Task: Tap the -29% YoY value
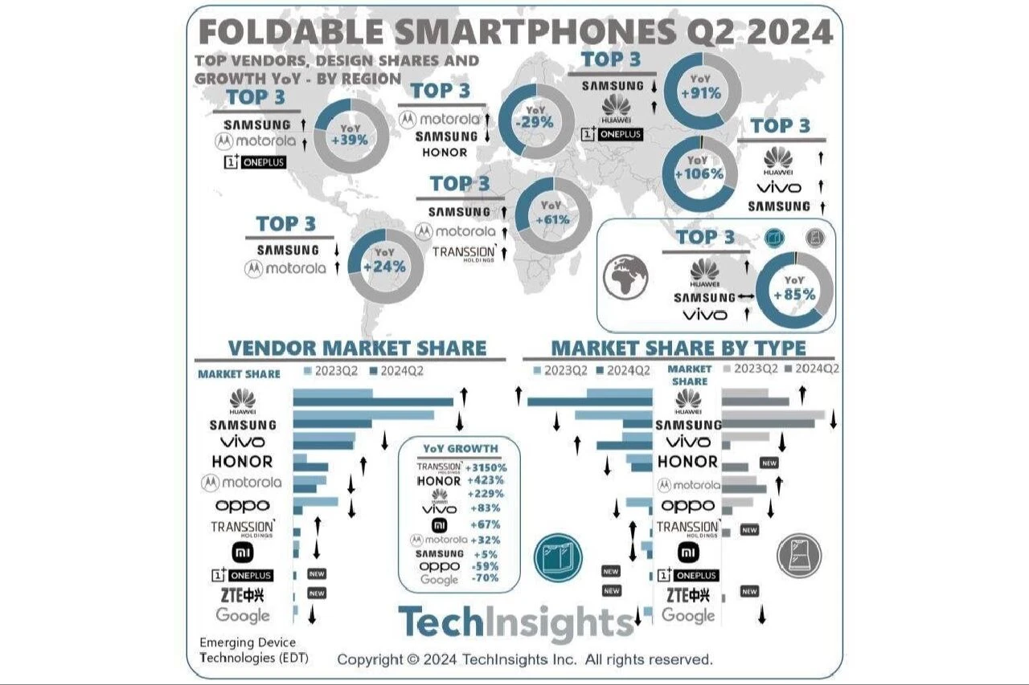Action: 535,122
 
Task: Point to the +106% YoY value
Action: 699,173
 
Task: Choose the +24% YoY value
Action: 384,267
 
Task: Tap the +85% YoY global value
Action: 794,294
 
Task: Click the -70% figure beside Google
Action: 486,578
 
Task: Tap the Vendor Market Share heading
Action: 357,348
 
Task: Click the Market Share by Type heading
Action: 678,348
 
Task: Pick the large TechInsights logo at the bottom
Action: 515,623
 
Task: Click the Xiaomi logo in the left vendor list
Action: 242,552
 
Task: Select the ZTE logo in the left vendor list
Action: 242,595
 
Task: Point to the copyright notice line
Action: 525,659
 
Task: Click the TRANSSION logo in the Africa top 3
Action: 463,253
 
